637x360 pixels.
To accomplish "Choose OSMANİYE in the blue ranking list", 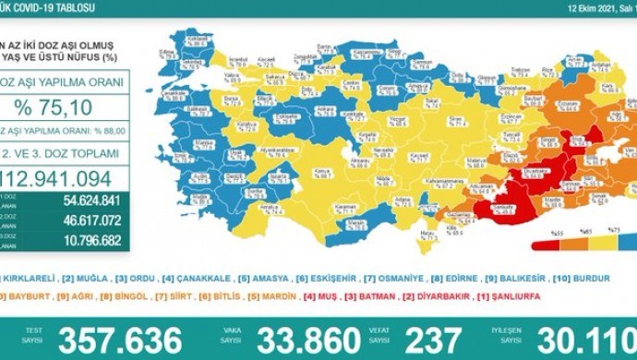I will [x=388, y=277].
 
